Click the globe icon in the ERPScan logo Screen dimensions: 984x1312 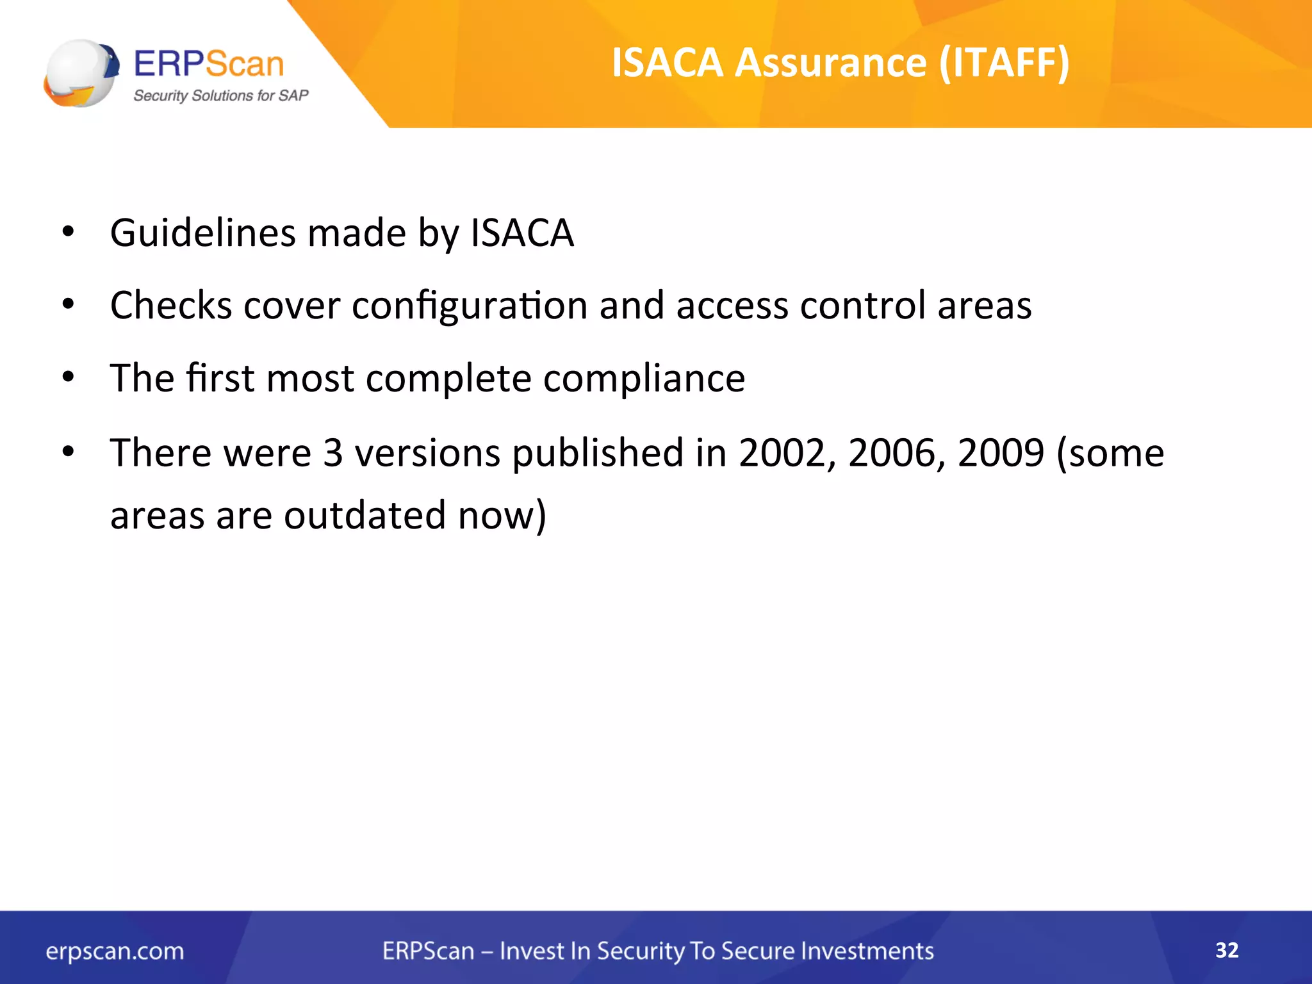pyautogui.click(x=81, y=73)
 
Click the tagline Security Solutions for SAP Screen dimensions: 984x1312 pyautogui.click(x=220, y=95)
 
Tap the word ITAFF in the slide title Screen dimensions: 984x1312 pyautogui.click(x=1004, y=63)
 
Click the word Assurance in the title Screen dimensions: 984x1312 pyautogui.click(x=830, y=63)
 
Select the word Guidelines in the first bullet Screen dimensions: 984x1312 pyautogui.click(x=203, y=233)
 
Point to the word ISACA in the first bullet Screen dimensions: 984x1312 pyautogui.click(x=522, y=233)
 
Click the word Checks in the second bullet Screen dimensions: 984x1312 pyautogui.click(x=171, y=305)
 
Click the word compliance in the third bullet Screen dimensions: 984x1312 pyautogui.click(x=644, y=378)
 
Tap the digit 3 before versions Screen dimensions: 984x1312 pyautogui.click(x=333, y=453)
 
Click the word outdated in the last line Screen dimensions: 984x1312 pyautogui.click(x=365, y=515)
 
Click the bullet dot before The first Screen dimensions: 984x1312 pyautogui.click(x=69, y=377)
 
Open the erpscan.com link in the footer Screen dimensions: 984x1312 pyautogui.click(x=115, y=951)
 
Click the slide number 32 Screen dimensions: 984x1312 pyautogui.click(x=1227, y=950)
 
